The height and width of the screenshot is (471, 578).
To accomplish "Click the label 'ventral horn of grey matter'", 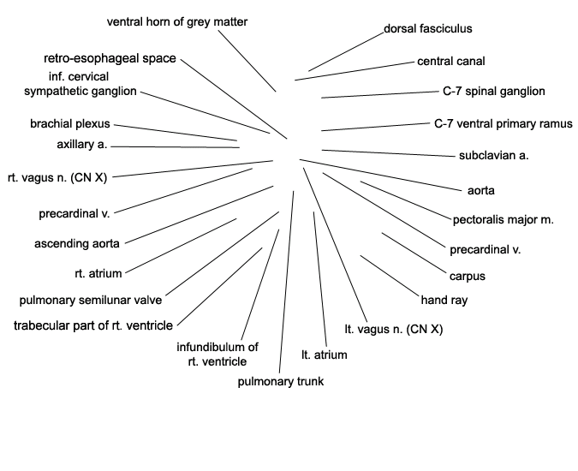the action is (177, 22).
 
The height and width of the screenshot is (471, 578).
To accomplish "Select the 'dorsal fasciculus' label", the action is (428, 29).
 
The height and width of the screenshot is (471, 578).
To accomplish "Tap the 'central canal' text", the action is (451, 61).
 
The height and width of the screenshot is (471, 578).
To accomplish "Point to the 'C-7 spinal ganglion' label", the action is (494, 92).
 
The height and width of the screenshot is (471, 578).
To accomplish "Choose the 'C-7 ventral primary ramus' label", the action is (504, 124).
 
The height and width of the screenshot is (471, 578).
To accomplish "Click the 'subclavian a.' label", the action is (493, 156).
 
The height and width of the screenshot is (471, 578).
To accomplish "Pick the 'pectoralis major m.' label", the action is (504, 220).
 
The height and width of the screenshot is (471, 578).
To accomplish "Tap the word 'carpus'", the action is (468, 277).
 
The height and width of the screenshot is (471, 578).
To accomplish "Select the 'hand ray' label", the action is (444, 301).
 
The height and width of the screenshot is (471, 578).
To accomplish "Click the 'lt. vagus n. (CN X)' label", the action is (394, 329).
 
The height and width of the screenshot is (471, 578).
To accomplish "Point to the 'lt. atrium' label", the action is (325, 355).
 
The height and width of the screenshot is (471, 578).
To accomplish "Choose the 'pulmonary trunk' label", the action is (281, 381).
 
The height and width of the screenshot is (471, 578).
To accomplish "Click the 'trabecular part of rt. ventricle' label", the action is (93, 325).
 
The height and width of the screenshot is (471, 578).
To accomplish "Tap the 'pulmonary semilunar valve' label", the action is (91, 301).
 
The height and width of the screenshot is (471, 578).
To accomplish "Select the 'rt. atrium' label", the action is (98, 274).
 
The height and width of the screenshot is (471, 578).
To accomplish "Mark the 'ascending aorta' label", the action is (77, 244).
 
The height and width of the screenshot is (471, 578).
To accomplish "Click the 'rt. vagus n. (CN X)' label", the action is (57, 178).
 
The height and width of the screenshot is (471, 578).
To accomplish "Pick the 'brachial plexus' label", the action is (70, 124).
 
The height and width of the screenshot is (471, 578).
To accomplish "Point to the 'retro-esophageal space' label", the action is (110, 58).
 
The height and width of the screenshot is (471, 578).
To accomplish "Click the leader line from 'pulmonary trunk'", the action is (286, 282).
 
